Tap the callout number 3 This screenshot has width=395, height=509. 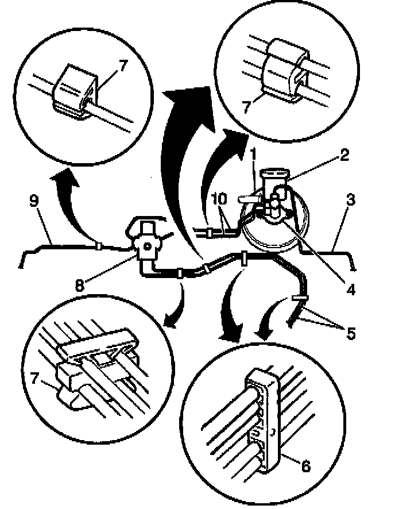click(351, 200)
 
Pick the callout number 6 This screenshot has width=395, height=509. click(305, 465)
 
